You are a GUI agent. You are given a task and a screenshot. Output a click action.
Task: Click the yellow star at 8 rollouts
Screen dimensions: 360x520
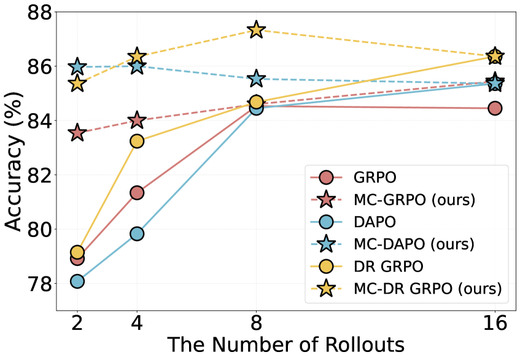[x=256, y=29]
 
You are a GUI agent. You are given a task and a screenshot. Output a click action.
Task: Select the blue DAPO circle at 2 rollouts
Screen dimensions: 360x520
[x=77, y=281]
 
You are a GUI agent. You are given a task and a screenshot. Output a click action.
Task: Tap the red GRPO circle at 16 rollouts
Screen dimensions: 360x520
[x=495, y=108]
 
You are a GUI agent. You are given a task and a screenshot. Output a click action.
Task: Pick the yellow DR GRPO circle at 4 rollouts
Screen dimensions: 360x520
[x=137, y=141]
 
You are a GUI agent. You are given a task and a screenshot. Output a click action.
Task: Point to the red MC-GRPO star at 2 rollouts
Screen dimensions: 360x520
[x=77, y=132]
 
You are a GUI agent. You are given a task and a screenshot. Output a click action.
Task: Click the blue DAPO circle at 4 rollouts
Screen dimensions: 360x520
[x=137, y=233]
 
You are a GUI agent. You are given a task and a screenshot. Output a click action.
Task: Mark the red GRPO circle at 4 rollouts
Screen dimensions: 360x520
[x=137, y=193]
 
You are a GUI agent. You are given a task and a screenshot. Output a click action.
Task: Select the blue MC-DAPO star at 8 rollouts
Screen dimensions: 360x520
[x=256, y=79]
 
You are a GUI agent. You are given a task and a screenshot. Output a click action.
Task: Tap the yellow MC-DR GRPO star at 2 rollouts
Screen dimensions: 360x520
[x=77, y=84]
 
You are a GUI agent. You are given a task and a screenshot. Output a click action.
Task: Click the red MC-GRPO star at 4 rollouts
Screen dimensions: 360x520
[x=137, y=120]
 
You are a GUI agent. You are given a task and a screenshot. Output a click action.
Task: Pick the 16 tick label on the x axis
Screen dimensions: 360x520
[x=495, y=324]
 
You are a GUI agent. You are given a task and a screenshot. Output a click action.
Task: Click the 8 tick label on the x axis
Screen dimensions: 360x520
[x=256, y=324]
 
